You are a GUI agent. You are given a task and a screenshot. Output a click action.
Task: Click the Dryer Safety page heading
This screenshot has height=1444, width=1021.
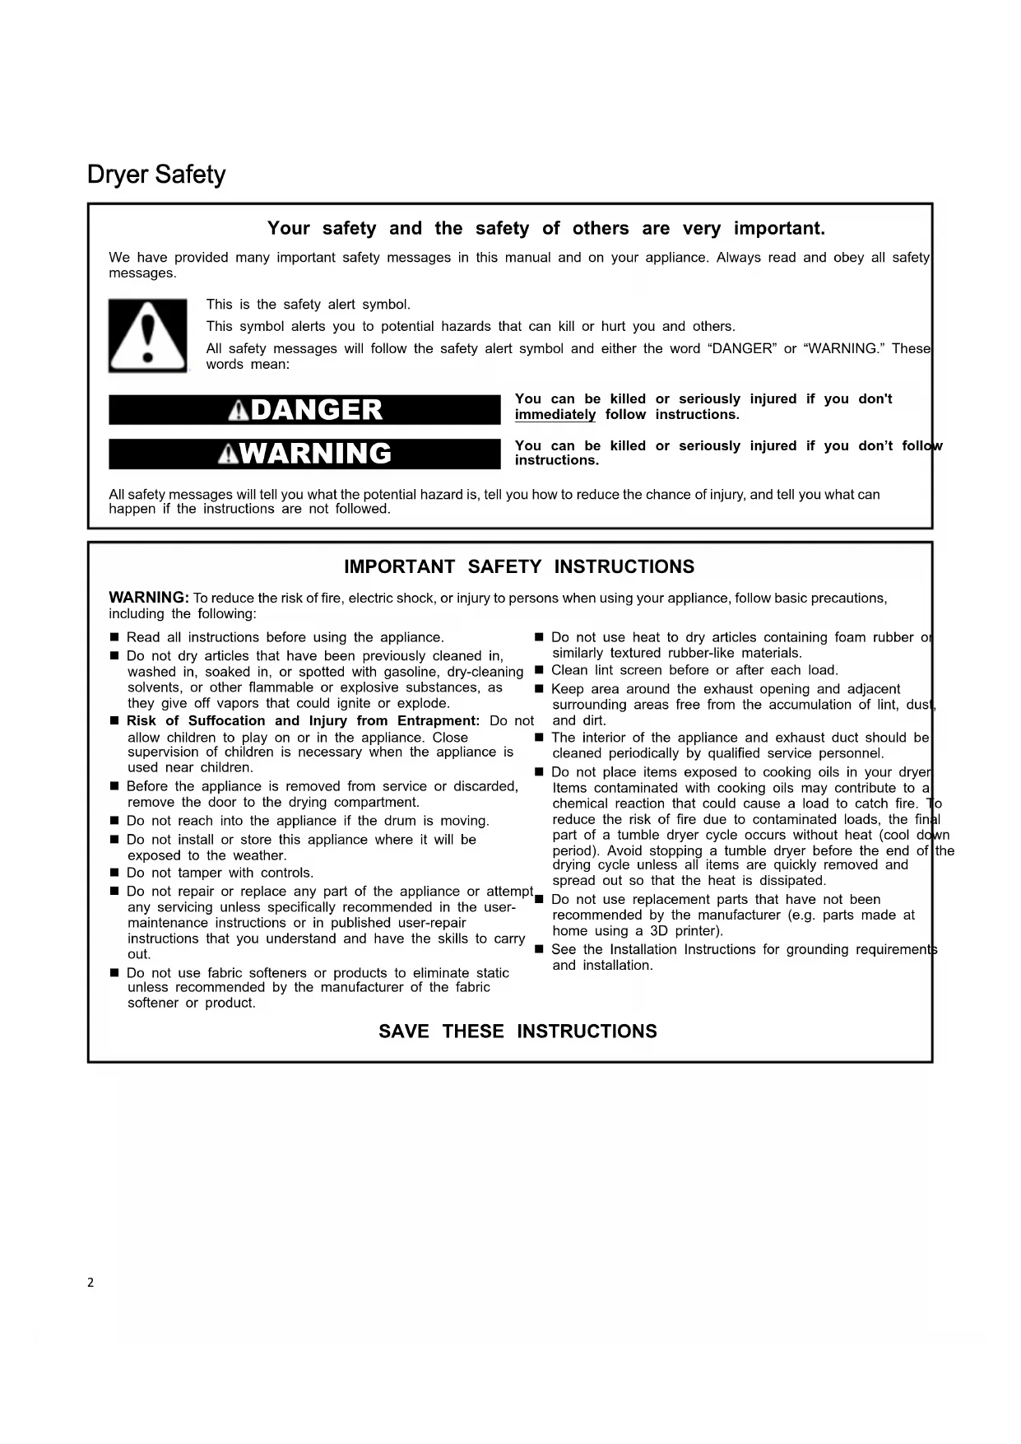(x=156, y=175)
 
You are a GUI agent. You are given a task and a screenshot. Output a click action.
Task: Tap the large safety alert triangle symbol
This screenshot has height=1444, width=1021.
(x=147, y=335)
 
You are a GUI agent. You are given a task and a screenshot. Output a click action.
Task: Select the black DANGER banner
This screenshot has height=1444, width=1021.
(x=304, y=410)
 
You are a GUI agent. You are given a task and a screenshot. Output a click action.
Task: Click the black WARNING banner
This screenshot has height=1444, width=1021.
(x=304, y=454)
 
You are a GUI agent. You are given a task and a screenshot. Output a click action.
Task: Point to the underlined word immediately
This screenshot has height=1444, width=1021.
(x=555, y=415)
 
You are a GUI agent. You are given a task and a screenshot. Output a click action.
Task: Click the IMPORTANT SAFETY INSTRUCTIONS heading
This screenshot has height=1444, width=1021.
(x=518, y=567)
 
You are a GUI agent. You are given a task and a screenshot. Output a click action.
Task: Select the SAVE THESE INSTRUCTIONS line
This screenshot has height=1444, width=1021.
(x=517, y=1032)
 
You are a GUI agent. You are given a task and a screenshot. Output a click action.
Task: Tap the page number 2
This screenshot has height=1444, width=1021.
(x=90, y=1282)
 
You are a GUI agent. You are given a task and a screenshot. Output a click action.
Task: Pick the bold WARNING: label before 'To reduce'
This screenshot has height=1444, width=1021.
(x=149, y=598)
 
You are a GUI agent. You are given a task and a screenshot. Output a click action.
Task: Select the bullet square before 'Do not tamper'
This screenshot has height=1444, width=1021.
(x=115, y=873)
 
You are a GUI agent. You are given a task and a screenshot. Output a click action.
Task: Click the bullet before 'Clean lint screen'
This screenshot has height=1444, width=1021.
(x=540, y=670)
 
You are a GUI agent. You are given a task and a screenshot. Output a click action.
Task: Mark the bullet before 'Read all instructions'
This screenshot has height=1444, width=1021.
(x=115, y=638)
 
